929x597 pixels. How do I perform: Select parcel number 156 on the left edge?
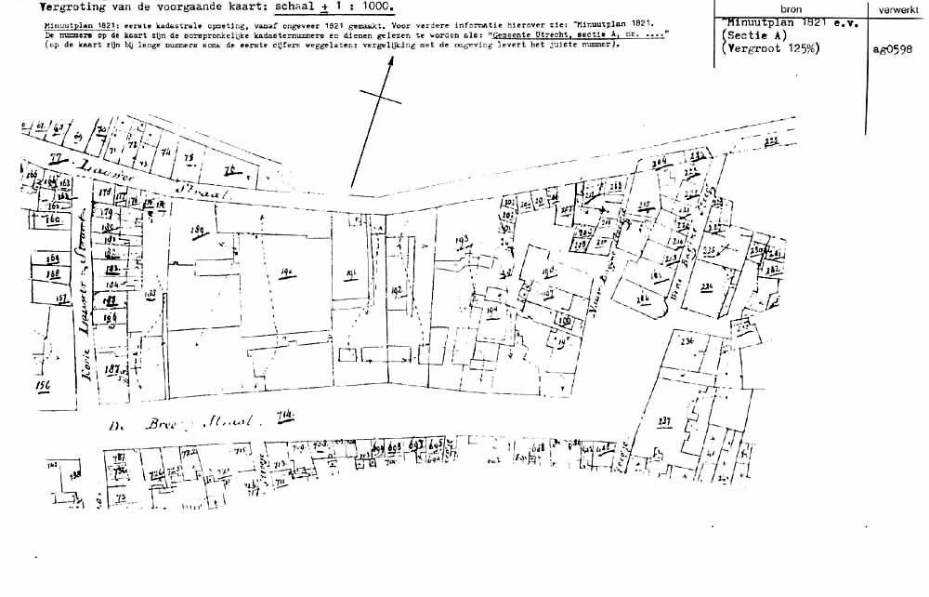(x=42, y=384)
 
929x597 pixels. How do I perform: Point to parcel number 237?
(x=664, y=421)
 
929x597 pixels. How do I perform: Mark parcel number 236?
(x=687, y=341)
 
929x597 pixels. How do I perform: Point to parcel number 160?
(x=53, y=220)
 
